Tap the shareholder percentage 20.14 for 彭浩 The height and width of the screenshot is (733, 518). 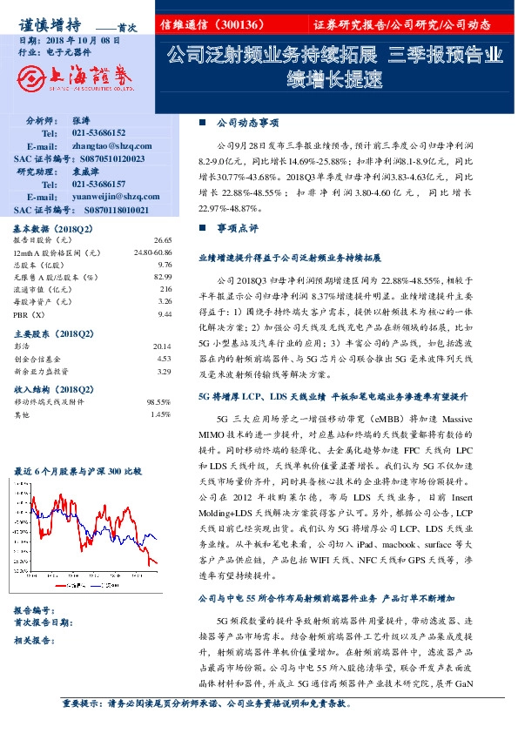click(161, 346)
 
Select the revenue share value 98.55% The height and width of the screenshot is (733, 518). click(158, 402)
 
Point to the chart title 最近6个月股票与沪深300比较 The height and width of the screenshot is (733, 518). click(78, 471)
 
